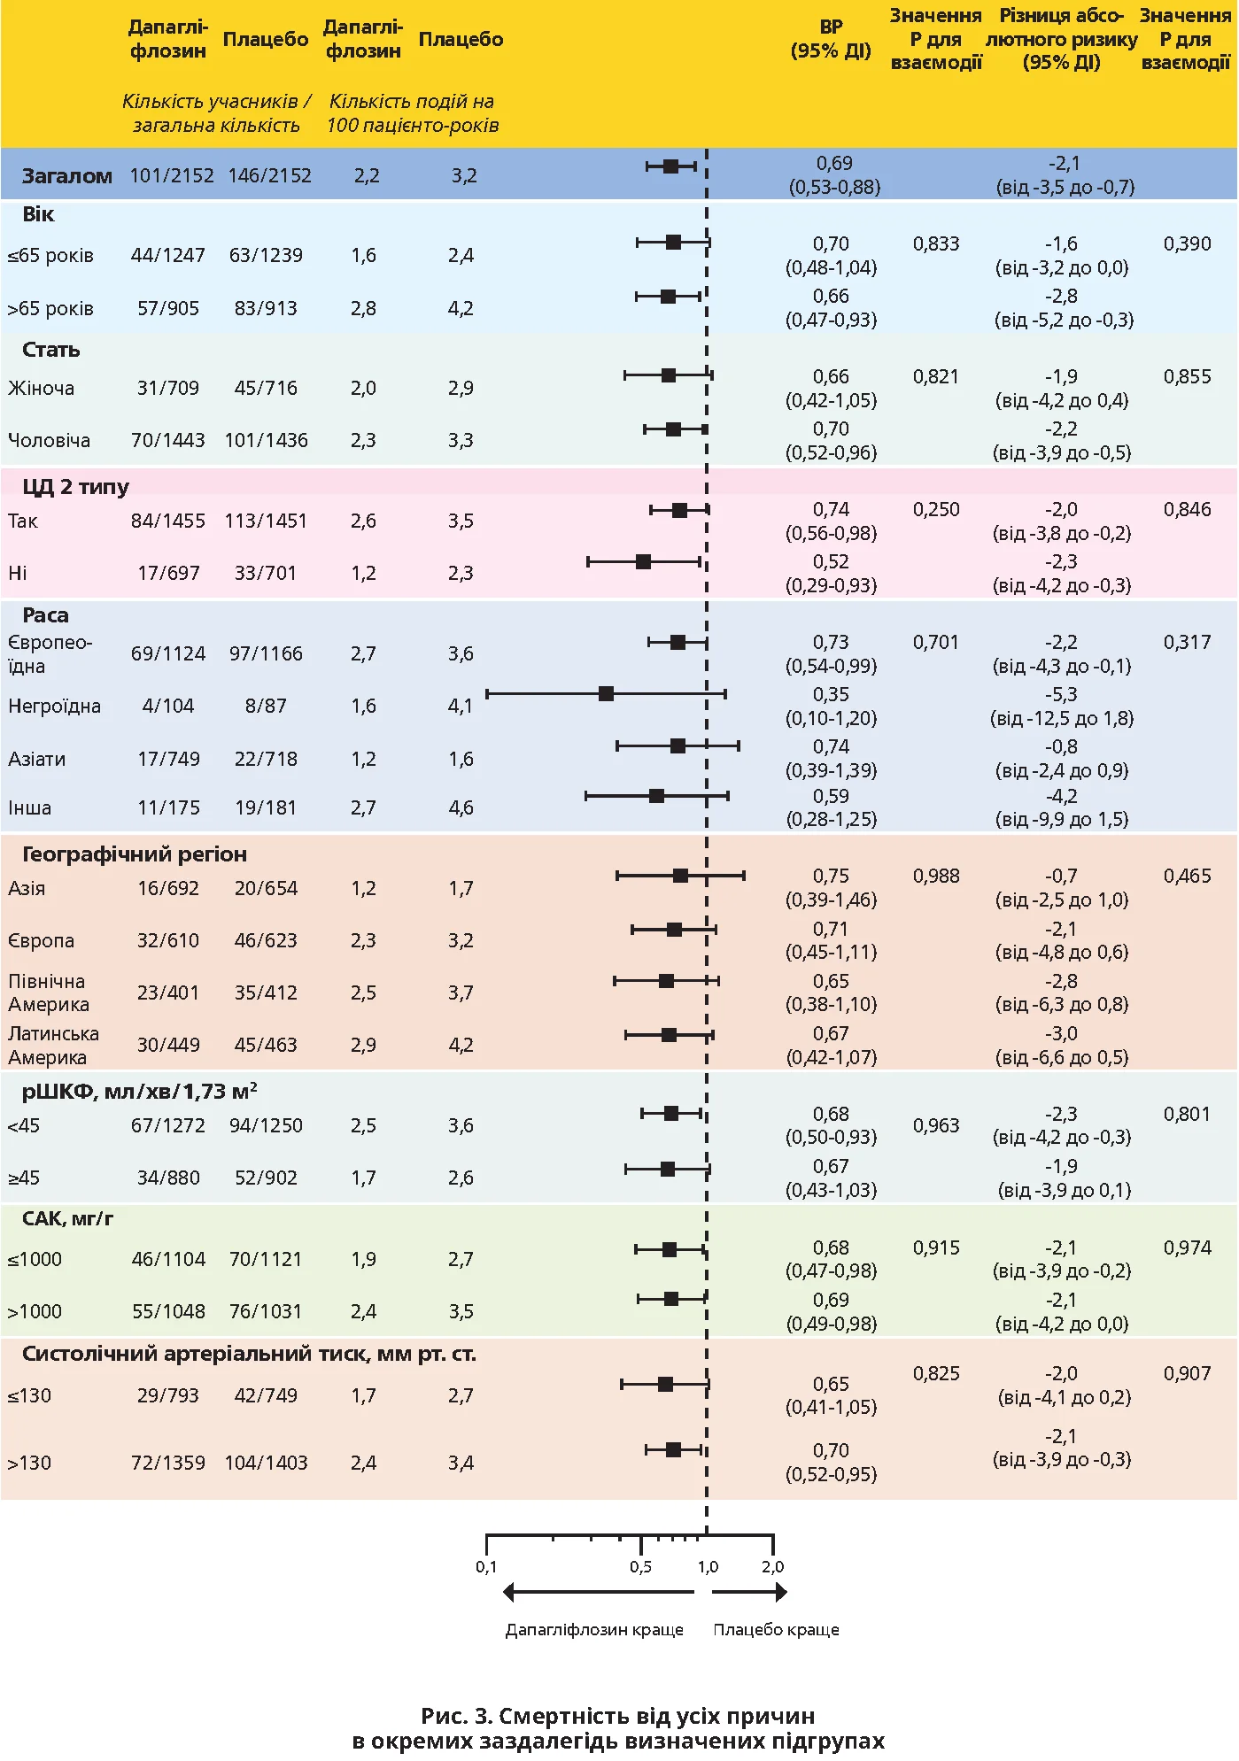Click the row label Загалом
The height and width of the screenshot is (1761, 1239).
66,175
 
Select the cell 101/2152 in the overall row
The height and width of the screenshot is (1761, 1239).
172,175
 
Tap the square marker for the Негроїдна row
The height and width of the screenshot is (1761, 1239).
606,693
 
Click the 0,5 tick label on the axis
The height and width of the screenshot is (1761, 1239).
640,1566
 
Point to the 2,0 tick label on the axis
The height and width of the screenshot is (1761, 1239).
772,1566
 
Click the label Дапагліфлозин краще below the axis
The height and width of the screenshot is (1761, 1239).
594,1629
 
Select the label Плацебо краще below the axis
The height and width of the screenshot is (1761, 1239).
776,1629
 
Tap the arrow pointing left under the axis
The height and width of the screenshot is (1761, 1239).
598,1593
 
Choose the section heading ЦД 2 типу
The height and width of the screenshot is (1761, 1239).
75,486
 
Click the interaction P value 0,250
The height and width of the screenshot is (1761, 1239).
935,509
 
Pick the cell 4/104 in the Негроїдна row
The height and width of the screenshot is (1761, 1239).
167,706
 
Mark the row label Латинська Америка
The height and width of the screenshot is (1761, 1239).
53,1045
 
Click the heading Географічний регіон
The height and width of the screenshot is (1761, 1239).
134,853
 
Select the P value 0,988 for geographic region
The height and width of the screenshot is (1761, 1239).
935,876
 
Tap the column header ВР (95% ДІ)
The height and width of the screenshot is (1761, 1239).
831,39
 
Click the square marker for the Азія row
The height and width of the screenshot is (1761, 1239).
680,876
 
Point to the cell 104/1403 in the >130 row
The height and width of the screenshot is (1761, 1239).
266,1463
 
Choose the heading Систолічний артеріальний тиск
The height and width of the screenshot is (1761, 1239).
249,1353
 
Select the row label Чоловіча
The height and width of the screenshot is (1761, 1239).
49,440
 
